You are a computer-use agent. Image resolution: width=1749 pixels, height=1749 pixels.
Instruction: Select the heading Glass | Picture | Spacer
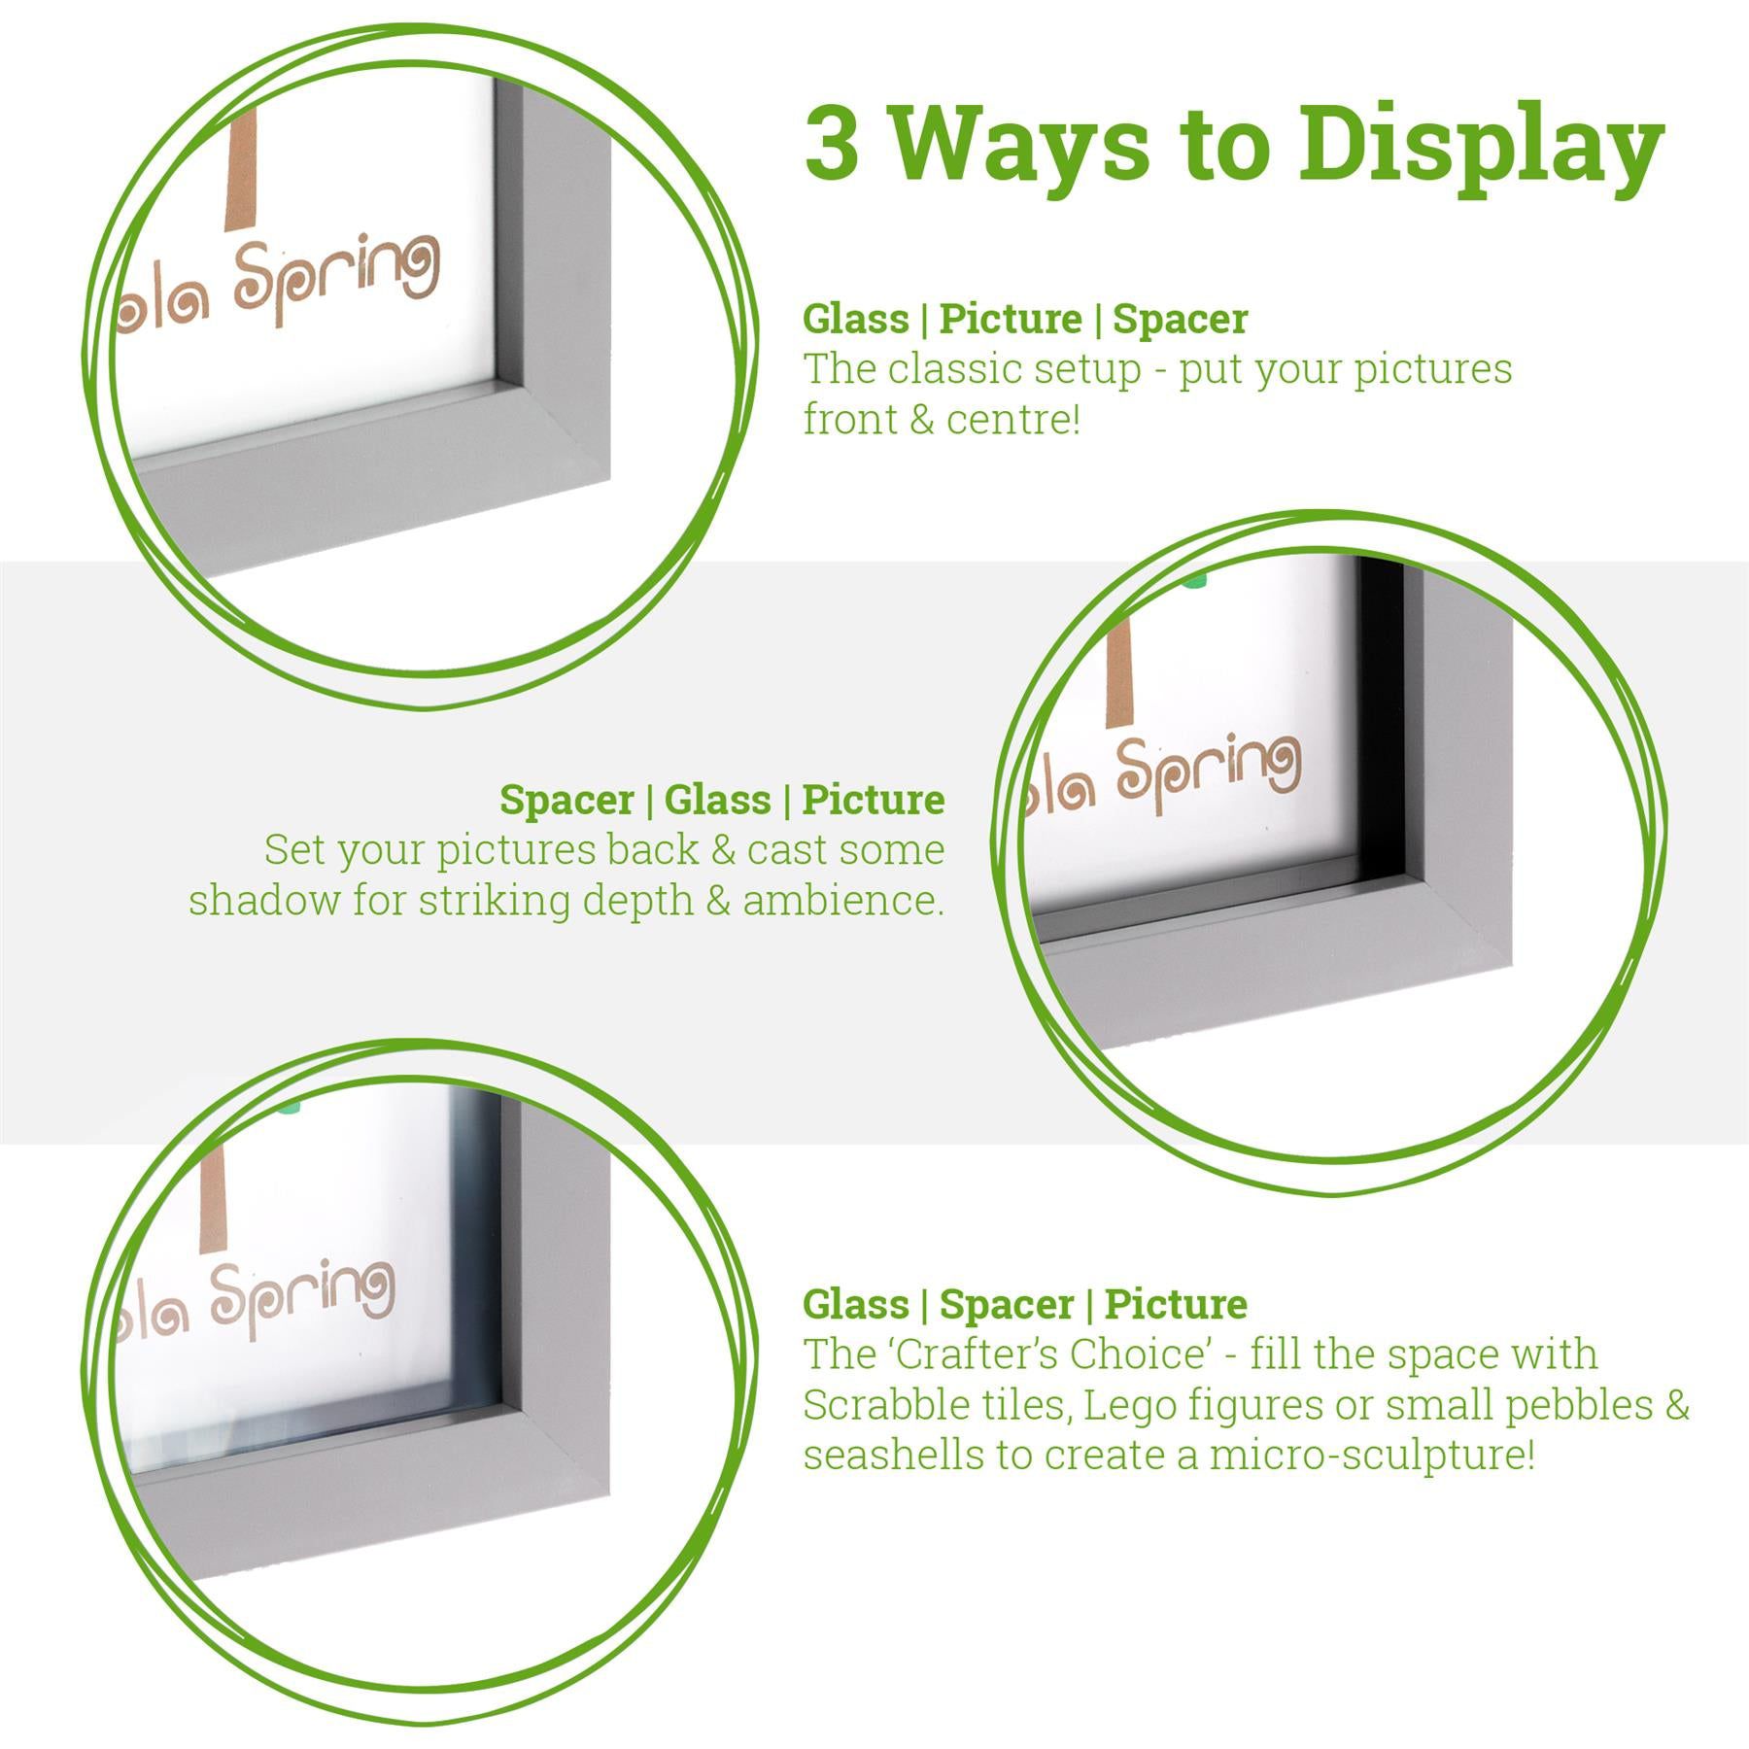click(x=1024, y=319)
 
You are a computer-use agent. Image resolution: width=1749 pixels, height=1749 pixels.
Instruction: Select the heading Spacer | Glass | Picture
click(x=722, y=800)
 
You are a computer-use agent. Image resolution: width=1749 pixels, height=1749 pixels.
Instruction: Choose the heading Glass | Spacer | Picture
click(x=1024, y=1304)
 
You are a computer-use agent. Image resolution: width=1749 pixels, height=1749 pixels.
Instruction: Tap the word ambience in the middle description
click(x=841, y=900)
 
